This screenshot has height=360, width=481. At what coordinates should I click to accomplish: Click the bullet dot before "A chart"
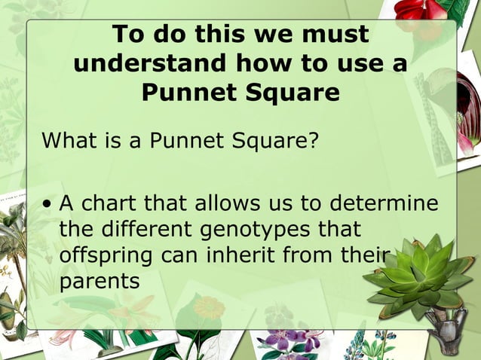[x=47, y=205]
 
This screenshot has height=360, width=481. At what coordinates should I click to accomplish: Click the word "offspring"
[x=106, y=255]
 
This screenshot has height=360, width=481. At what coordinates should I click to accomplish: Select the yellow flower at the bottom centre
[x=209, y=308]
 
